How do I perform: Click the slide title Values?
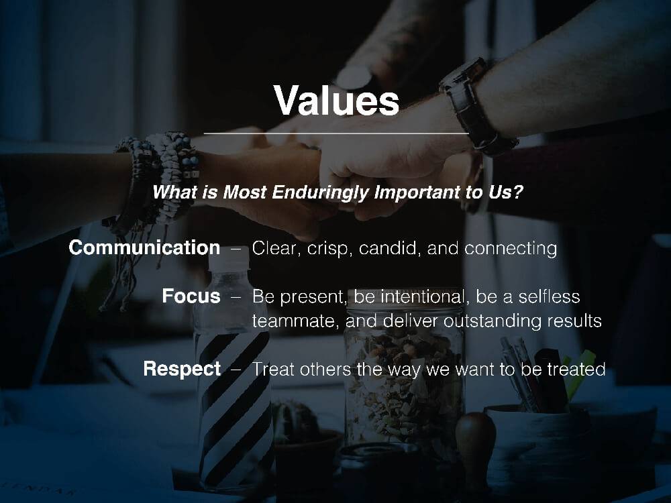(336, 101)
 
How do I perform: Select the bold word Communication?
(145, 247)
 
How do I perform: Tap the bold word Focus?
(191, 296)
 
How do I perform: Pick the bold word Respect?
(182, 369)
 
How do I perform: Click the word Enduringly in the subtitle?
(320, 192)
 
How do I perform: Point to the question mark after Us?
(518, 192)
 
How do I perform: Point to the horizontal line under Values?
(336, 133)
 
